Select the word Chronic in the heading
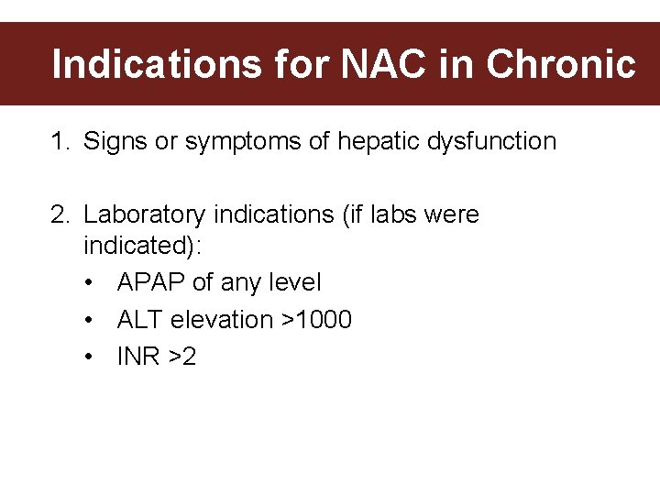pos(560,65)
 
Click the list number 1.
pos(60,142)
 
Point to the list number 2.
pos(60,215)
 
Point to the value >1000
pos(316,320)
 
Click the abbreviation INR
pos(137,357)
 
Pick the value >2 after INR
pos(181,357)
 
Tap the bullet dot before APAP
pos(89,283)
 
